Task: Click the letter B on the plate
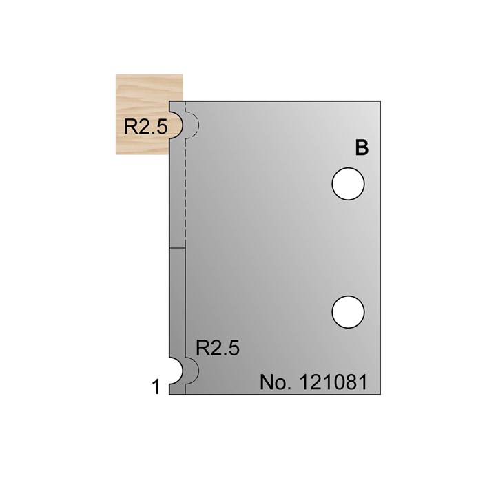coord(362,148)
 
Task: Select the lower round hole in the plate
coord(348,311)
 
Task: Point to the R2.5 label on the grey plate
coord(218,348)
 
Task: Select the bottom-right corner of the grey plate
coord(382,395)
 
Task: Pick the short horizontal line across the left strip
coord(177,247)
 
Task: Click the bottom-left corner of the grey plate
coord(169,395)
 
